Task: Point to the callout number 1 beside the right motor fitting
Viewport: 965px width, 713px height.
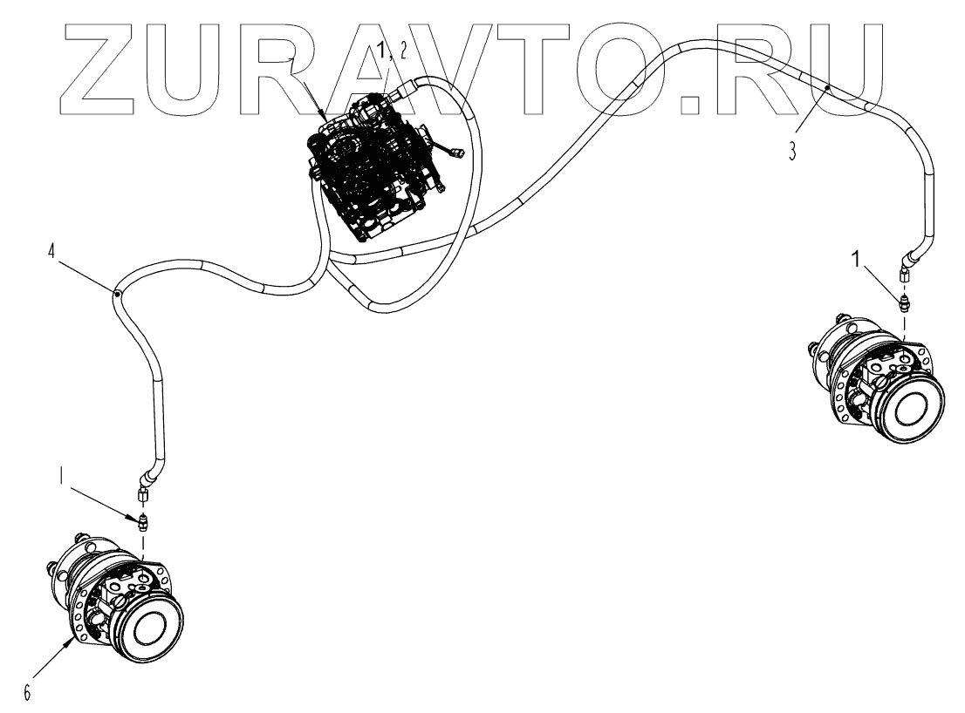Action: click(858, 259)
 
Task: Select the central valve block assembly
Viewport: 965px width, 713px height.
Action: click(375, 170)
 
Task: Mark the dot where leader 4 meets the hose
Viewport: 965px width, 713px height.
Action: click(116, 295)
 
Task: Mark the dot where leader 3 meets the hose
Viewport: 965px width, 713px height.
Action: click(827, 88)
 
